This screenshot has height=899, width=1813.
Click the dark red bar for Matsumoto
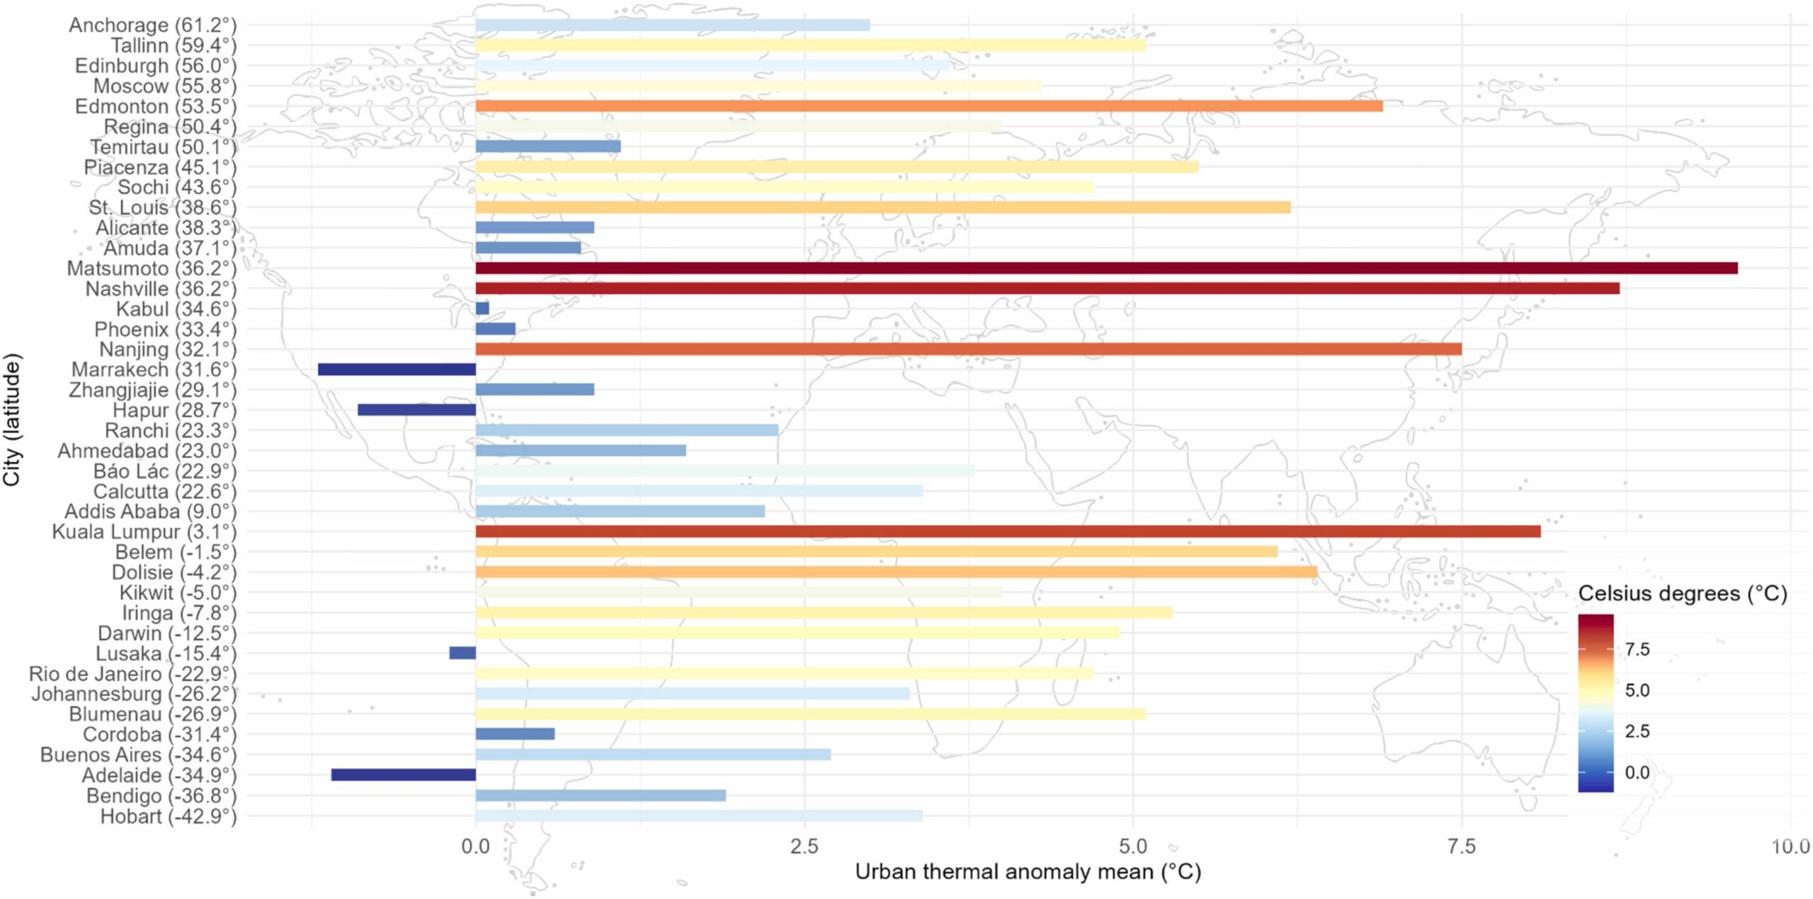coord(1105,268)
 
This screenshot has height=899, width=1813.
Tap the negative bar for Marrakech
coord(397,370)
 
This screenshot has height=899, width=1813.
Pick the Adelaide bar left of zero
coord(403,775)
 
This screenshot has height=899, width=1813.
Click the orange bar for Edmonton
coord(928,106)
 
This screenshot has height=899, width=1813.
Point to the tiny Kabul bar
coord(482,309)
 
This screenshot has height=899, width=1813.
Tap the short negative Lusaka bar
coord(462,653)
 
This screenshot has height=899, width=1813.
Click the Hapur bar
coord(416,410)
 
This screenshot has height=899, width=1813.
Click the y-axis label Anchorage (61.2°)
coord(152,25)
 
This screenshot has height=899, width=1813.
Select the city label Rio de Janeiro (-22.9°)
coord(132,674)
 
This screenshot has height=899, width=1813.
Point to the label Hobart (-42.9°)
coord(168,816)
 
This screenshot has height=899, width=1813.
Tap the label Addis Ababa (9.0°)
coord(150,512)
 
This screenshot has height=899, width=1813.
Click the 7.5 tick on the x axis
coord(1462,846)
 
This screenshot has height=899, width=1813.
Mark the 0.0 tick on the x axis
coord(475,846)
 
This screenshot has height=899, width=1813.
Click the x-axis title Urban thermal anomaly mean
coord(1028,872)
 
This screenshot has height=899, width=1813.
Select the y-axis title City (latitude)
coord(12,420)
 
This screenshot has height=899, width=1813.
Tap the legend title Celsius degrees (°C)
coord(1682,593)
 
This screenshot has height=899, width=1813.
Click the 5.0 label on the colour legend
coord(1637,690)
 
